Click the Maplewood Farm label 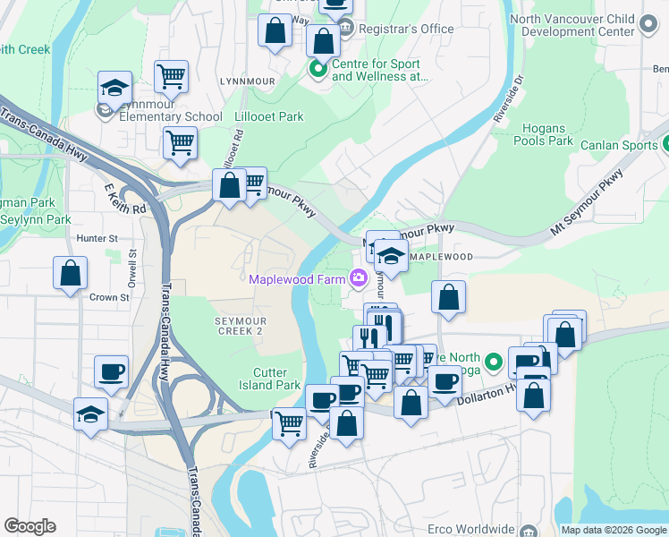click(298, 278)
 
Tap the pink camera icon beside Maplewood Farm click(359, 278)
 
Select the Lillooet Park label click(267, 116)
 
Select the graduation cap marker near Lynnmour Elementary click(114, 89)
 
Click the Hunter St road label click(97, 239)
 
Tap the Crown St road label click(110, 296)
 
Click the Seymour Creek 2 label click(240, 325)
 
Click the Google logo click(30, 526)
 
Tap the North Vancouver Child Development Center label click(585, 25)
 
